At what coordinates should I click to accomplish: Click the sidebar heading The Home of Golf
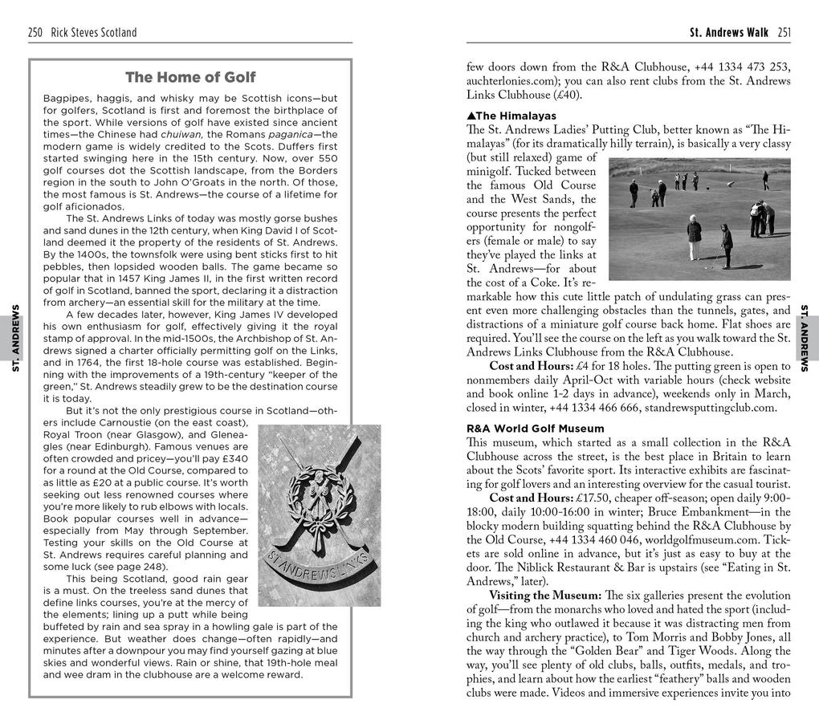pos(190,78)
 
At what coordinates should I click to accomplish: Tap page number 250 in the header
pos(35,33)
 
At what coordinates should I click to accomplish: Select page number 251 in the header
pos(784,33)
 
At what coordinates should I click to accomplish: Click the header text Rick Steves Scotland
pos(93,33)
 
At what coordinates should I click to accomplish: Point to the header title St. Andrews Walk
pos(728,33)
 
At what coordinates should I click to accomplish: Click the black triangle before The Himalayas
pos(471,116)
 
